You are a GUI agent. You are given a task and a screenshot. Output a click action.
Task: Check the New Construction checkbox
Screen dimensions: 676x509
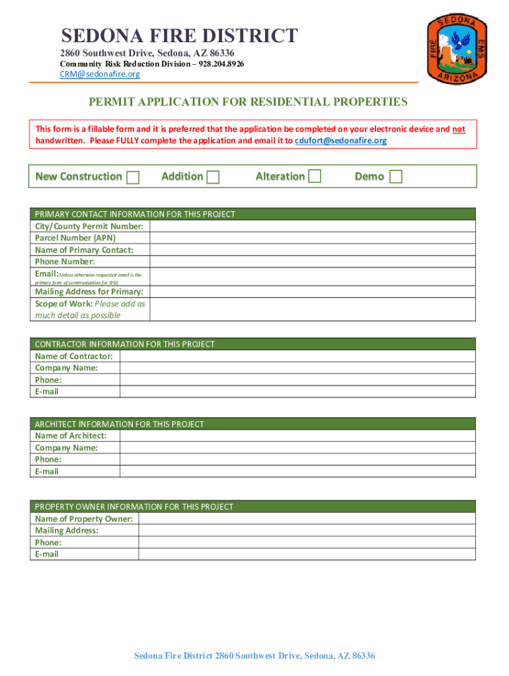pos(133,177)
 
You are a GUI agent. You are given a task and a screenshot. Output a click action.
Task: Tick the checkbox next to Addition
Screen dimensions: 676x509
pos(213,177)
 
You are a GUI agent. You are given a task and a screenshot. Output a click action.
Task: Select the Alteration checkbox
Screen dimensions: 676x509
pos(315,176)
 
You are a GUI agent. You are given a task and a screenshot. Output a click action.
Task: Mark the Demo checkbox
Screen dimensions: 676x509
pos(396,176)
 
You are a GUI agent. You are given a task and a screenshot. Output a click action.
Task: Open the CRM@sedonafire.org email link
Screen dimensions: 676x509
pos(100,75)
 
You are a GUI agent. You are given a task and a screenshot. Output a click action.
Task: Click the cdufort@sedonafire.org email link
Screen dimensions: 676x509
pos(340,141)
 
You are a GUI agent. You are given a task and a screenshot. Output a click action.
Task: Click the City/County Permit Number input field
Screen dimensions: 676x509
pos(312,226)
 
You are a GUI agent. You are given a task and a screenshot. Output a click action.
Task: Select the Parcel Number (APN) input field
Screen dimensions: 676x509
pos(312,238)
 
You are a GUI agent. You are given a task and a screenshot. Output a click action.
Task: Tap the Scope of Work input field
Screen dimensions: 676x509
pos(312,310)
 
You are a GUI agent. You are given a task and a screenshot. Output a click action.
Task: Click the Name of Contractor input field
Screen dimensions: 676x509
pos(297,356)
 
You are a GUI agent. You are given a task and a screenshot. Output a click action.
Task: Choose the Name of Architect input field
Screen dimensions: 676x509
pos(297,436)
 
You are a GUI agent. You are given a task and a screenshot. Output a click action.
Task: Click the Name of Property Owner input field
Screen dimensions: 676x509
pos(306,519)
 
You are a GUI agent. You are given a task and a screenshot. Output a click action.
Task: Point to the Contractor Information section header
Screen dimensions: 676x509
pos(125,345)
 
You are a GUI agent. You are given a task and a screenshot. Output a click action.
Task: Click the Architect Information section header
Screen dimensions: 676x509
pos(120,424)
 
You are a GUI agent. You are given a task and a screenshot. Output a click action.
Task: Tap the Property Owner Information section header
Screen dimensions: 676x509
pos(134,507)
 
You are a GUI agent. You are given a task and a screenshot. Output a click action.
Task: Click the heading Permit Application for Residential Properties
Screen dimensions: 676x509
pos(249,102)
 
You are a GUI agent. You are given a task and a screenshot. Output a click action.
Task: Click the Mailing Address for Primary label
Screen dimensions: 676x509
pos(89,292)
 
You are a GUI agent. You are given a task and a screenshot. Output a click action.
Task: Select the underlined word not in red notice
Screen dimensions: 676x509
pos(459,129)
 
